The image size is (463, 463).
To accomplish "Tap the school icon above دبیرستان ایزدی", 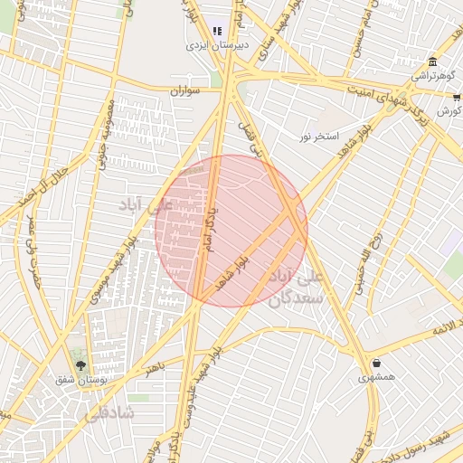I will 217,29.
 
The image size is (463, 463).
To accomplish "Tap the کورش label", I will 448,111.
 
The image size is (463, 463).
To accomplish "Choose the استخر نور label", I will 320,137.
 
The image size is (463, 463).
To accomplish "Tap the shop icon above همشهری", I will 374,364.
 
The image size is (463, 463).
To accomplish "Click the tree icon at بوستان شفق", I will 82,365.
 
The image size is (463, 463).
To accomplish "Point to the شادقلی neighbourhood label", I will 111,412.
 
